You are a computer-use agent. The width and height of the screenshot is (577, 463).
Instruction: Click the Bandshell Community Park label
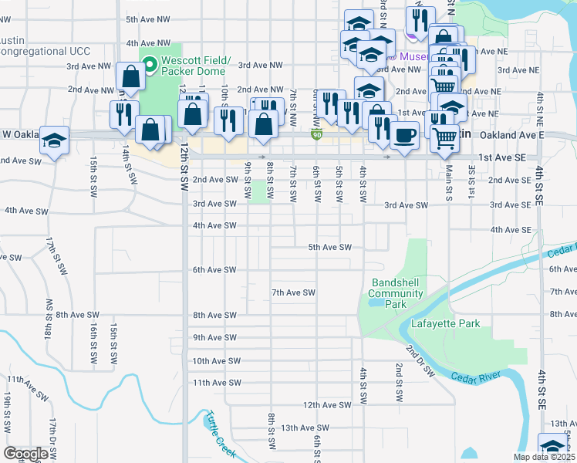[396, 293]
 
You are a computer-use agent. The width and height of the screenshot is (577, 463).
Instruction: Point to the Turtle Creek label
[220, 432]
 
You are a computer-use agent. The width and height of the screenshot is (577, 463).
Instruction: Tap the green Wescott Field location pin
[150, 64]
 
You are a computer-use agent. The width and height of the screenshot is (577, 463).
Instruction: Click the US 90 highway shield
[317, 134]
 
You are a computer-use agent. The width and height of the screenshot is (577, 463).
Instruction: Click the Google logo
[25, 453]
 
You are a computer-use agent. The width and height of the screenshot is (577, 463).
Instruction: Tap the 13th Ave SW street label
[305, 428]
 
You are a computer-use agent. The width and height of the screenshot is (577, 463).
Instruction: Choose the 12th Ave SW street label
[327, 405]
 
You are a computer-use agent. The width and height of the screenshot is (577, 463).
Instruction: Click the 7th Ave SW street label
[294, 292]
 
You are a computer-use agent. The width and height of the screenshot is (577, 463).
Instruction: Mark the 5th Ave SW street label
[330, 247]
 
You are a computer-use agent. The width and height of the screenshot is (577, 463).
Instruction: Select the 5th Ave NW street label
[148, 19]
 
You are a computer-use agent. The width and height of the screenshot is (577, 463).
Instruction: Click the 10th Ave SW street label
[217, 360]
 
